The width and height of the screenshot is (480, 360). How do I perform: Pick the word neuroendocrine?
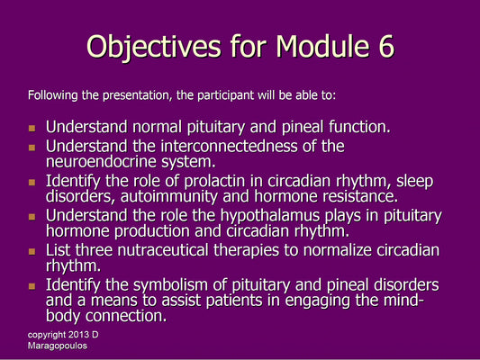coord(99,161)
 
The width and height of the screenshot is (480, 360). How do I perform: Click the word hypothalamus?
coord(269,216)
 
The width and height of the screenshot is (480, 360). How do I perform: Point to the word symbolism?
coord(176,286)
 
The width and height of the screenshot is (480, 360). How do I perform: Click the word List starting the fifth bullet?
coord(60,251)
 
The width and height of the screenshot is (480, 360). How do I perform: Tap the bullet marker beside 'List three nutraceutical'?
coord(33,253)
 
